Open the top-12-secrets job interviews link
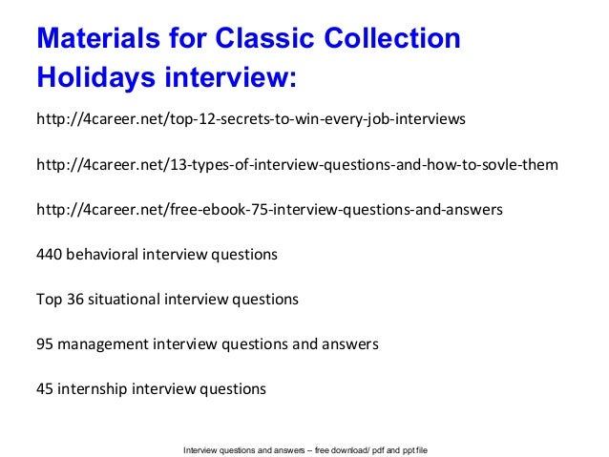click(250, 120)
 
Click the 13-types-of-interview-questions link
click(296, 165)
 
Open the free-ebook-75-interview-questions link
click(267, 210)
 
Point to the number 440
click(49, 255)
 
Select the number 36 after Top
click(74, 300)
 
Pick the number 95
click(44, 344)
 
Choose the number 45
click(44, 389)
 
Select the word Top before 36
click(49, 300)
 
